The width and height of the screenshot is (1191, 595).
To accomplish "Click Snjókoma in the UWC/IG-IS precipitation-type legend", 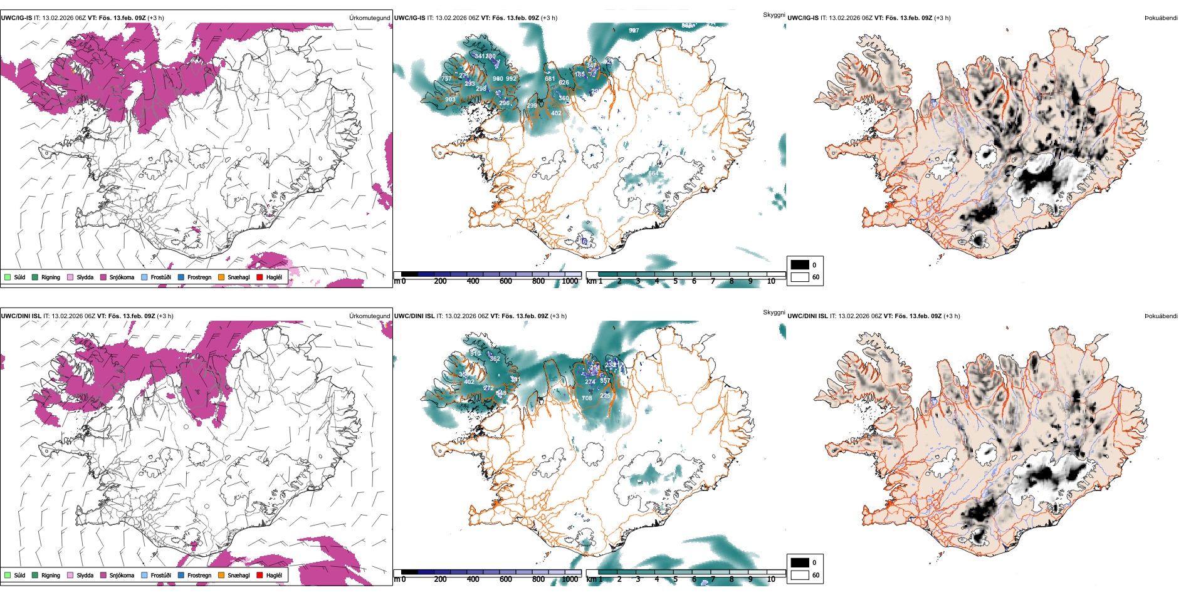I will pos(122,277).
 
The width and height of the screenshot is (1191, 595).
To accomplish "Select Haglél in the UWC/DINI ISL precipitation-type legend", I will pos(274,576).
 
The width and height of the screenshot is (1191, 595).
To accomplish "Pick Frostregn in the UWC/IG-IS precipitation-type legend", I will pos(199,277).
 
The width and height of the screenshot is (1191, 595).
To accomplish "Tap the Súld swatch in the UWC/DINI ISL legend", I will pos(8,575).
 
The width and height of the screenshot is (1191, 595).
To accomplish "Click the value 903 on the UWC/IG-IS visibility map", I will pos(450,100).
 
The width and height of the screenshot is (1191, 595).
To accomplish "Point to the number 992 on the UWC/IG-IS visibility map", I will pos(512,79).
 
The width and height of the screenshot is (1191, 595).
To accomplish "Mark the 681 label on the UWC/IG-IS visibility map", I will pos(550,79).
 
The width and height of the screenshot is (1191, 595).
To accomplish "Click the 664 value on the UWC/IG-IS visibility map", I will pos(654,173).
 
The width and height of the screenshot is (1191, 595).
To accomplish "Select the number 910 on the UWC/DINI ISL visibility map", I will pos(476,354).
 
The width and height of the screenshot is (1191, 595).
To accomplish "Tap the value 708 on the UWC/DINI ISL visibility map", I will pos(587,398).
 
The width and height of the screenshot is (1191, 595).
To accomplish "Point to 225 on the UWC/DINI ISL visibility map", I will pos(605,396).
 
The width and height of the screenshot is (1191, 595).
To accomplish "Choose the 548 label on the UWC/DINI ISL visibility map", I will pos(501,393).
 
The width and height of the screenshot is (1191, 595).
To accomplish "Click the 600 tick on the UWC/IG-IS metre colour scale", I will pos(506,282).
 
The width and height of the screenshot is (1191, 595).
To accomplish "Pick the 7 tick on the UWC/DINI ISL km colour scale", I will pos(713,579).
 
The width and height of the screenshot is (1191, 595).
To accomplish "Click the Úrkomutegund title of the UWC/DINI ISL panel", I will pos(369,316).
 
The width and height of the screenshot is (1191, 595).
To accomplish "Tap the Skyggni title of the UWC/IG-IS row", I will pos(774,14).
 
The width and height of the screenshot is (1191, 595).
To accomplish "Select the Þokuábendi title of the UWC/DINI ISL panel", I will pos(1161,316).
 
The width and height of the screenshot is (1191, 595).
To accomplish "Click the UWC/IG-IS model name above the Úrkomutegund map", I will pos(16,18).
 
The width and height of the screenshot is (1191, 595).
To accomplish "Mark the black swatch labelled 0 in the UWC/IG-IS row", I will pos(800,265).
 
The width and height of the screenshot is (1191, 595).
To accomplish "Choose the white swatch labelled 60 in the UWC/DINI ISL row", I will pos(800,575).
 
